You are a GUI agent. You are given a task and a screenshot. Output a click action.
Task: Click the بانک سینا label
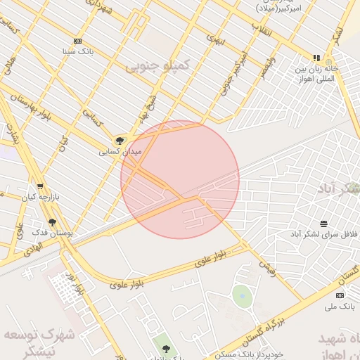pyautogui.click(x=77, y=51)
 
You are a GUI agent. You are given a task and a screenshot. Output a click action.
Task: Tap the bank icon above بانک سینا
pyautogui.click(x=77, y=41)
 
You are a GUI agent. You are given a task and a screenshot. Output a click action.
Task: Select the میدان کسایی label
pyautogui.click(x=120, y=151)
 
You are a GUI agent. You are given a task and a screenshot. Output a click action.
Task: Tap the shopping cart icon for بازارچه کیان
pyautogui.click(x=40, y=186)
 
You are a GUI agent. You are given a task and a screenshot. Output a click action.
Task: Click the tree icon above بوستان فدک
pyautogui.click(x=52, y=222)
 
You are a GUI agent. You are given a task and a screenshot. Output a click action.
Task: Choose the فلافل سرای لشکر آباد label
pyautogui.click(x=325, y=233)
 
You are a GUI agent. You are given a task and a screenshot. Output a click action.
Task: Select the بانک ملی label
pyautogui.click(x=341, y=306)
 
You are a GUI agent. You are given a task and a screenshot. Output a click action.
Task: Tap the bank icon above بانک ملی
pyautogui.click(x=340, y=295)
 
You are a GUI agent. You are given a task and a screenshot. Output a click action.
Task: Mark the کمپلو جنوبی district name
pyautogui.click(x=157, y=65)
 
